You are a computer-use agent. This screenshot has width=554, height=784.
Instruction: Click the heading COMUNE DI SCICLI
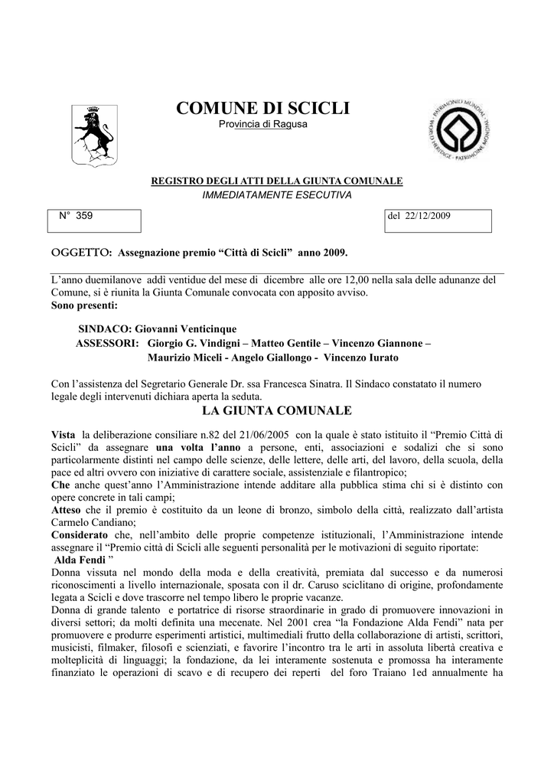click(x=262, y=109)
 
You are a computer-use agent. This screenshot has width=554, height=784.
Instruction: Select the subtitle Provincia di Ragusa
click(x=262, y=125)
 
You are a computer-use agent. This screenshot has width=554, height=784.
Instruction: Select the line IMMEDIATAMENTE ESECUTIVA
click(x=276, y=195)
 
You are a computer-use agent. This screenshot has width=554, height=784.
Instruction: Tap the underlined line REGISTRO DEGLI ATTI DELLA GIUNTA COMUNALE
click(x=276, y=181)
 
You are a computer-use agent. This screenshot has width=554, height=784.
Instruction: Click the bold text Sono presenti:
click(x=85, y=305)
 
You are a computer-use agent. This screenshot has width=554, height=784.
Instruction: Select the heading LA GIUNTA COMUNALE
click(x=276, y=412)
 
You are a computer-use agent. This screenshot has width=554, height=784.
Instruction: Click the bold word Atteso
click(x=66, y=509)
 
